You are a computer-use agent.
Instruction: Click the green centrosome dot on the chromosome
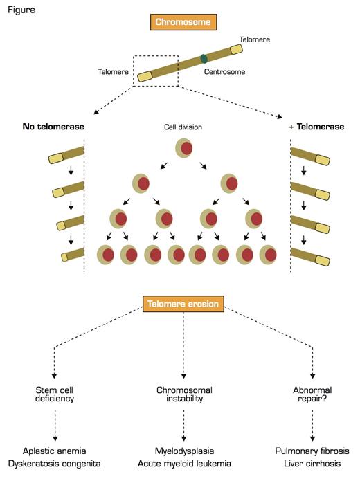pos(203,58)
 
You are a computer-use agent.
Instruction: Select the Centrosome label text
pos(224,71)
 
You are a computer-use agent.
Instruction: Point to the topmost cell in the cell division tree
pos(183,147)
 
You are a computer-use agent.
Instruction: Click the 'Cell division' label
pos(183,127)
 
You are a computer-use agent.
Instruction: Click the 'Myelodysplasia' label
pos(183,451)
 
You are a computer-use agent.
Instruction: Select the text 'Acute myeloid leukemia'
pos(183,464)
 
